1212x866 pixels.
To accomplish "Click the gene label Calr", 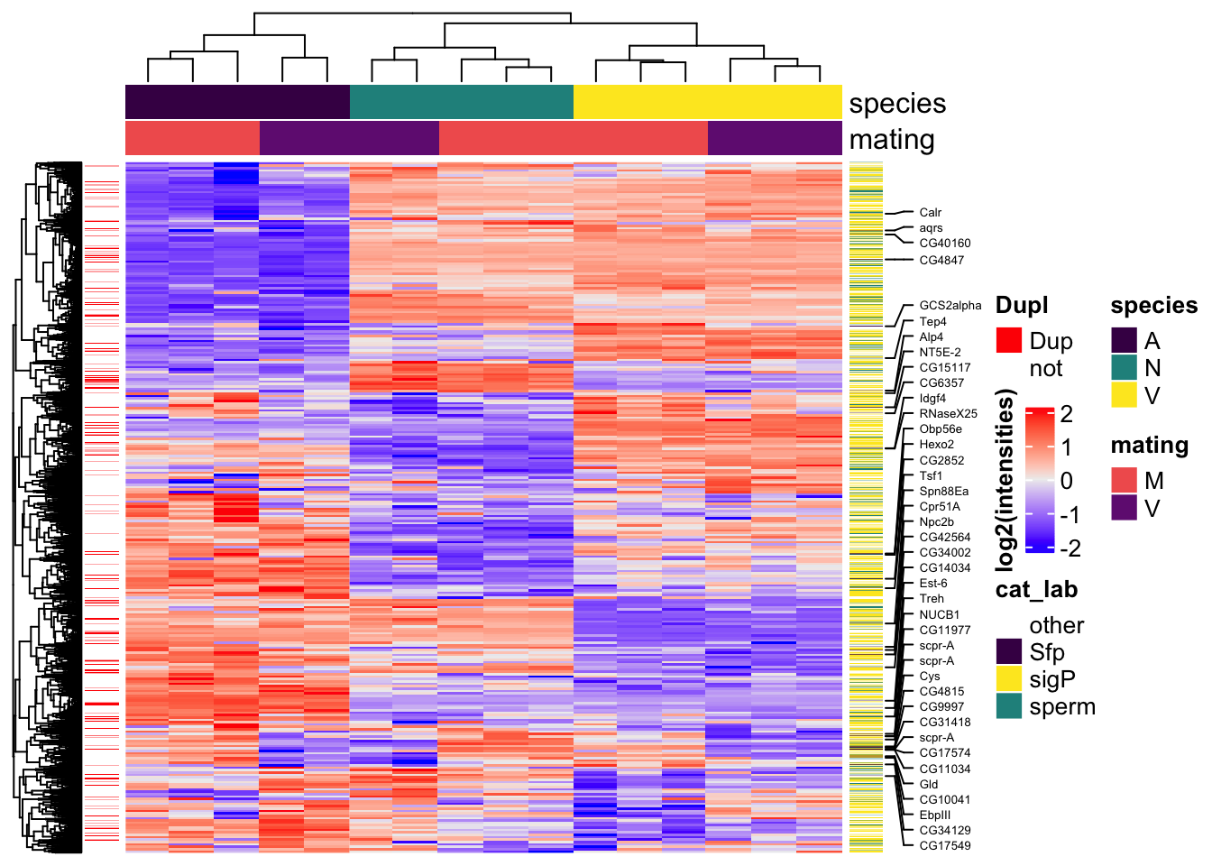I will [x=930, y=213].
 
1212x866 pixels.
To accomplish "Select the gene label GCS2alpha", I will [x=950, y=306].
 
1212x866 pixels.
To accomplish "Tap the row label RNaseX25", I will [x=948, y=414].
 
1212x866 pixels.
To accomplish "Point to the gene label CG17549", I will [x=944, y=846].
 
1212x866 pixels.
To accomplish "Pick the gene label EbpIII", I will [x=934, y=815].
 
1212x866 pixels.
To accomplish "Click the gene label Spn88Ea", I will [x=943, y=492].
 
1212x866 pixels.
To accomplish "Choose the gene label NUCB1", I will [x=939, y=615].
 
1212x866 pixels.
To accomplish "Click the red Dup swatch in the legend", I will [x=1008, y=341].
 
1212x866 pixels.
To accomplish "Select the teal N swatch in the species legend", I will [x=1124, y=368].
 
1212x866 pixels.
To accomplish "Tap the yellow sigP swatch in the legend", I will [x=1008, y=679].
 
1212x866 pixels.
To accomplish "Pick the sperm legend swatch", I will [x=1008, y=706].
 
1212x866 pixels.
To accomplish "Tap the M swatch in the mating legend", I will [x=1124, y=481].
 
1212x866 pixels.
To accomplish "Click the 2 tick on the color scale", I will [x=1067, y=414].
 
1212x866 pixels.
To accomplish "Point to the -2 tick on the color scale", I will [x=1070, y=548].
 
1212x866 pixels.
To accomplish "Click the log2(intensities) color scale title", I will [x=1006, y=480].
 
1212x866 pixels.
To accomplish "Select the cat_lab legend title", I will [x=1036, y=590].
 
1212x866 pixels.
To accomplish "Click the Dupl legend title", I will [x=1022, y=306].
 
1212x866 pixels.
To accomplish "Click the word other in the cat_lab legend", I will [x=1056, y=625].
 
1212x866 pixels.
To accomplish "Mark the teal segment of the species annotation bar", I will [x=461, y=102].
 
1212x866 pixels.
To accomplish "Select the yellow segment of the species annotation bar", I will [x=707, y=102].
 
